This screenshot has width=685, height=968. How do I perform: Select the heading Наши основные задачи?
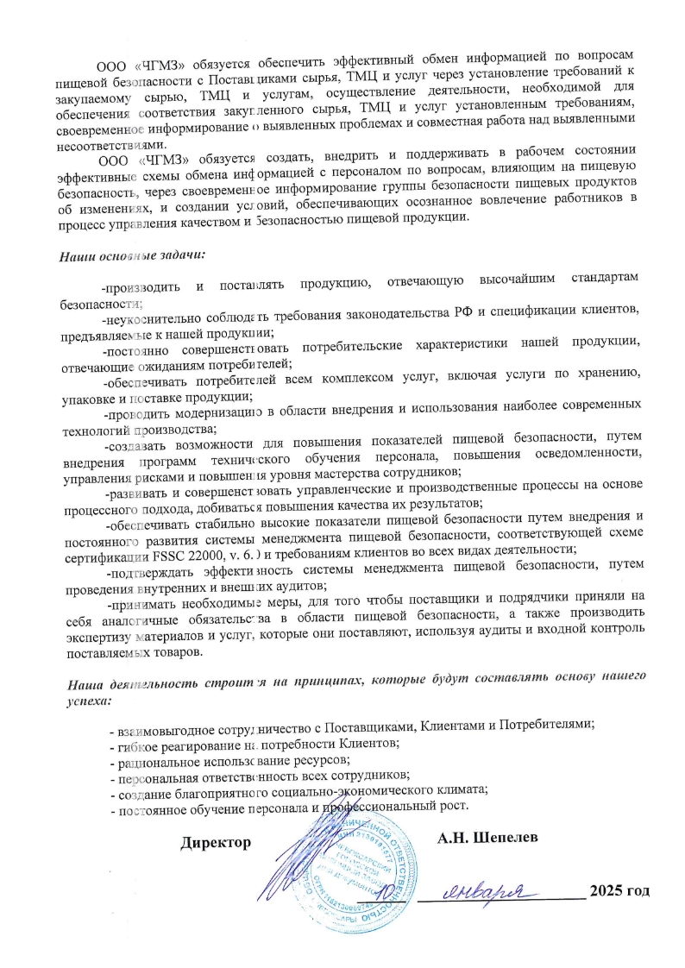click(131, 256)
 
